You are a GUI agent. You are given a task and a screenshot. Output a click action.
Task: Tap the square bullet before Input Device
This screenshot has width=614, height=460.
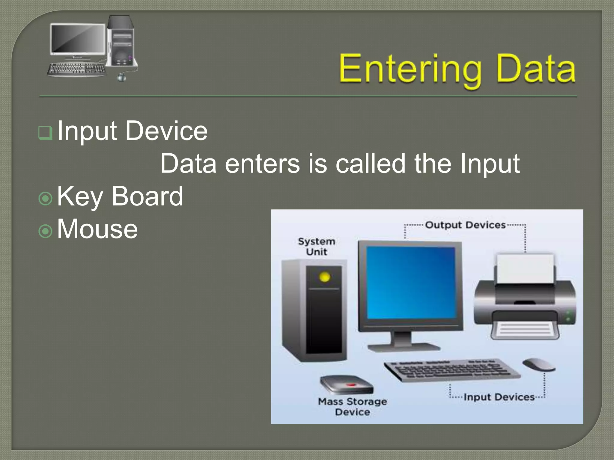45,133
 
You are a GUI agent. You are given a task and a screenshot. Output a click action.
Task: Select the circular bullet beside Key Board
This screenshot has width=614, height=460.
46,198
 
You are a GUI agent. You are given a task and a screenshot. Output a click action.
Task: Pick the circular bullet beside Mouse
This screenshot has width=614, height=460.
46,231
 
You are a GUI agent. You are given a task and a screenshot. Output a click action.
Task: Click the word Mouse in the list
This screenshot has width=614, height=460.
97,229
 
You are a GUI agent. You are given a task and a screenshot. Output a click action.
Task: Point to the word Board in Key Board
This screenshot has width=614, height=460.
147,196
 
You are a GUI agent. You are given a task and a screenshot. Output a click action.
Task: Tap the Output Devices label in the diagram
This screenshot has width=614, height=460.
465,225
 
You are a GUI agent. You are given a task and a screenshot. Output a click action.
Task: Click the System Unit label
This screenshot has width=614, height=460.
316,246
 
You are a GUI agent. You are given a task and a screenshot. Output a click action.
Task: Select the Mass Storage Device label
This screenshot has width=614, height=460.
352,406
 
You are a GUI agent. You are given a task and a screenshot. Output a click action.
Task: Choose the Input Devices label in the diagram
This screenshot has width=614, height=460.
499,397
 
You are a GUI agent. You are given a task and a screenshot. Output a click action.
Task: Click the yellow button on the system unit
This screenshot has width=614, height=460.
324,277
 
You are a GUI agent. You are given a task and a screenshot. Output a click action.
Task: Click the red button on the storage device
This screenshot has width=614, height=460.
351,384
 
